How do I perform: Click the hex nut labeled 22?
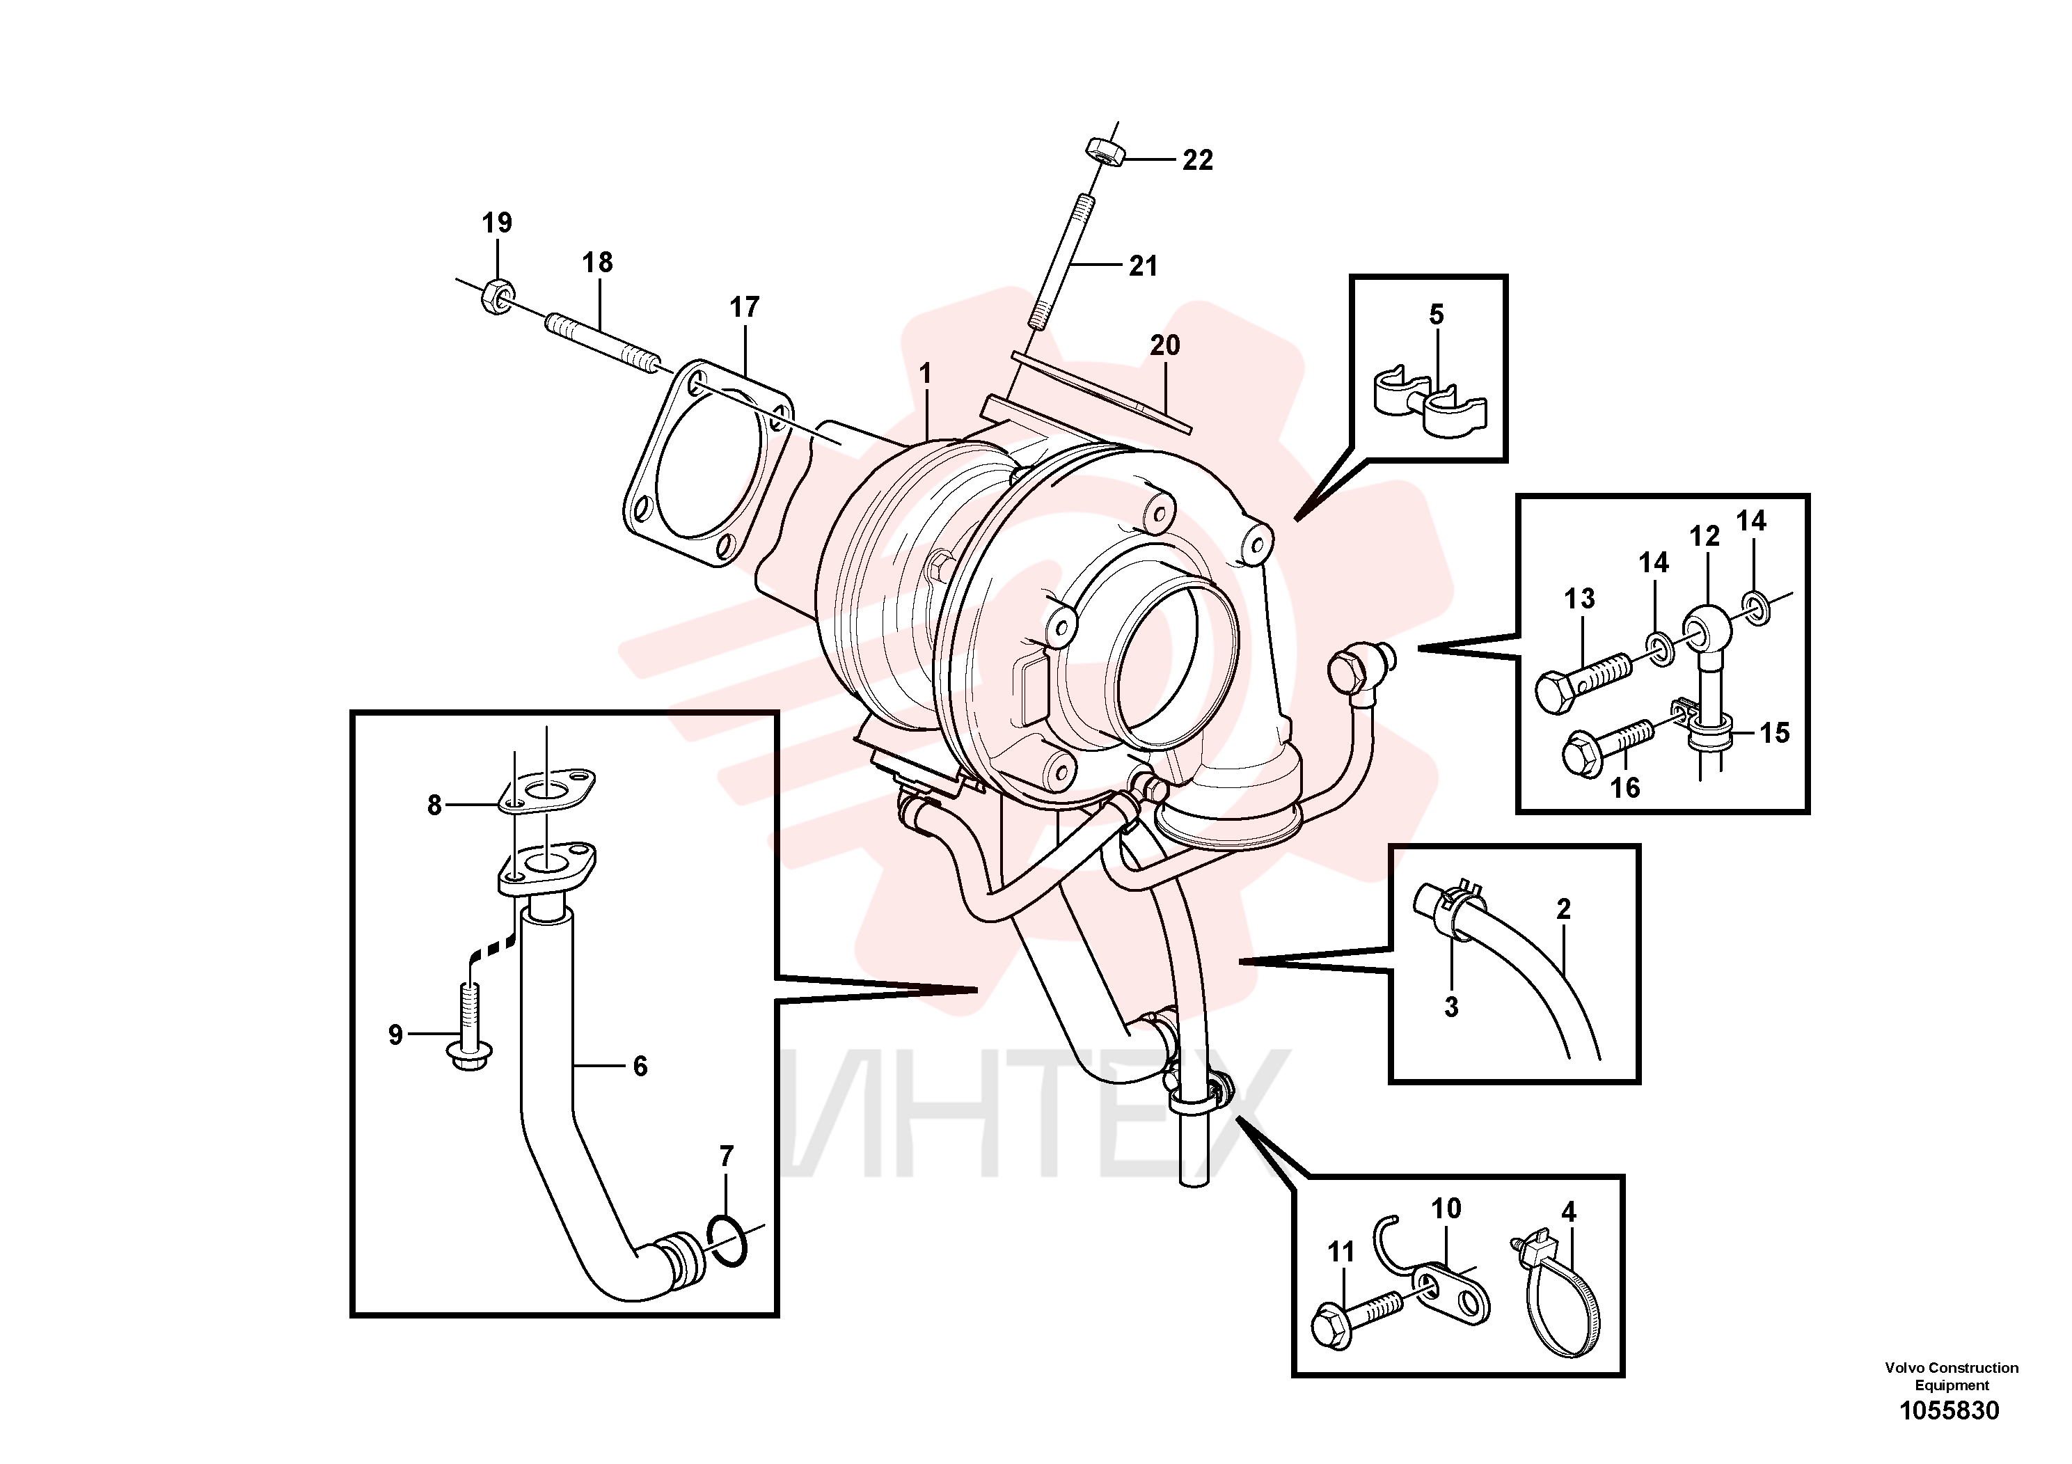click(x=1104, y=152)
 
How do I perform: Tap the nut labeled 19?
click(x=497, y=295)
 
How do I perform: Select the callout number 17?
click(x=745, y=308)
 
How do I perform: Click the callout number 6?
click(x=640, y=1067)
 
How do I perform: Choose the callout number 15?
click(x=1774, y=733)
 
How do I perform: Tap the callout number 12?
click(x=1705, y=536)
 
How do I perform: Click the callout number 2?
click(x=1564, y=909)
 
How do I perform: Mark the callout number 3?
click(x=1451, y=1007)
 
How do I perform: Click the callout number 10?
click(x=1446, y=1209)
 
